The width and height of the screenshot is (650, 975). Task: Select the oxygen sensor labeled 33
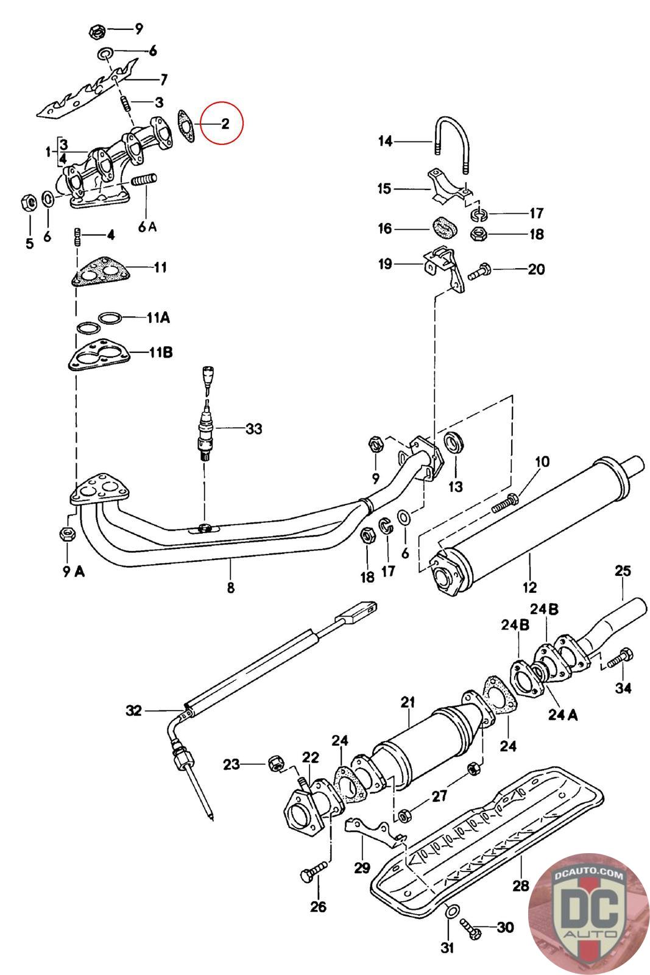click(x=205, y=415)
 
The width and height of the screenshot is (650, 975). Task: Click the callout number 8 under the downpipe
click(x=231, y=587)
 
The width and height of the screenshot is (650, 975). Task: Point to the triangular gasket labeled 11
click(x=101, y=271)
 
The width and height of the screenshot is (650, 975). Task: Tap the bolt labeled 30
click(x=470, y=927)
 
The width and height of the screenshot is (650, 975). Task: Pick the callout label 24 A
click(x=562, y=715)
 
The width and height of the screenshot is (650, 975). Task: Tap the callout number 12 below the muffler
click(x=529, y=587)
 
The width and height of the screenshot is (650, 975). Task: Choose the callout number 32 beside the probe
click(x=134, y=711)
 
